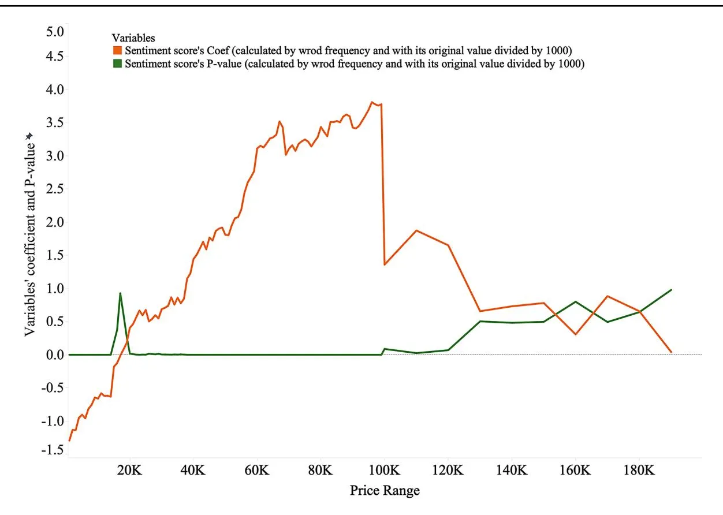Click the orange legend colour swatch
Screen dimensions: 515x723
(x=117, y=51)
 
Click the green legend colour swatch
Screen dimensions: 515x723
(x=117, y=64)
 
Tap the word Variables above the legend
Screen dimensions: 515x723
(x=133, y=38)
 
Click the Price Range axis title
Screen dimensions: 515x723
(x=385, y=491)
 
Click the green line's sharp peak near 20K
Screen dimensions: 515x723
(x=120, y=293)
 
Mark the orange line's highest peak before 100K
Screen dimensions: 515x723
(x=372, y=102)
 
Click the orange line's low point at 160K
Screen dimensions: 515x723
(x=576, y=334)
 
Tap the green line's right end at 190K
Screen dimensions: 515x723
(x=671, y=290)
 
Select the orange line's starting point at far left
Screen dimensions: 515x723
(x=69, y=441)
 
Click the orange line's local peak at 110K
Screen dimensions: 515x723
(x=416, y=230)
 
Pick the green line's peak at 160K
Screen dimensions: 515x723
(x=576, y=301)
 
